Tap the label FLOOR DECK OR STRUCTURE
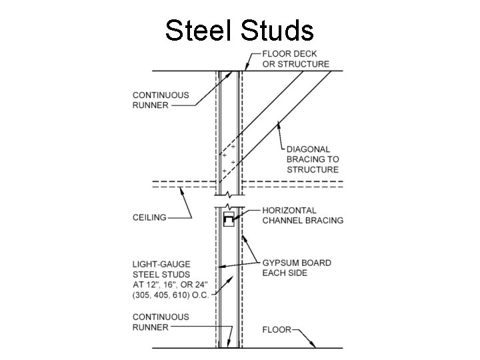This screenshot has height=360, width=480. click(296, 59)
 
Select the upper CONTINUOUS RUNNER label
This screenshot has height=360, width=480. click(161, 99)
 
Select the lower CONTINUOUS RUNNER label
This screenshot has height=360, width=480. click(161, 322)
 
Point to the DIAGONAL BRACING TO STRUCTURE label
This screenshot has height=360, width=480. click(313, 159)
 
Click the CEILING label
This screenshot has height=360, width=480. click(149, 217)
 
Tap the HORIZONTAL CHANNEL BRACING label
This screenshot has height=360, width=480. click(303, 215)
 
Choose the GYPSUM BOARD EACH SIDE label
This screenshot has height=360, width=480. click(296, 267)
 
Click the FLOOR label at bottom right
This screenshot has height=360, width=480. click(276, 329)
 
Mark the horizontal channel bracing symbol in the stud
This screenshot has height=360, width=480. click(229, 219)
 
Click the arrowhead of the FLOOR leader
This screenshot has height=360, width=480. click(315, 347)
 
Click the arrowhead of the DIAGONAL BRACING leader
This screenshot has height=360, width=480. click(275, 122)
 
